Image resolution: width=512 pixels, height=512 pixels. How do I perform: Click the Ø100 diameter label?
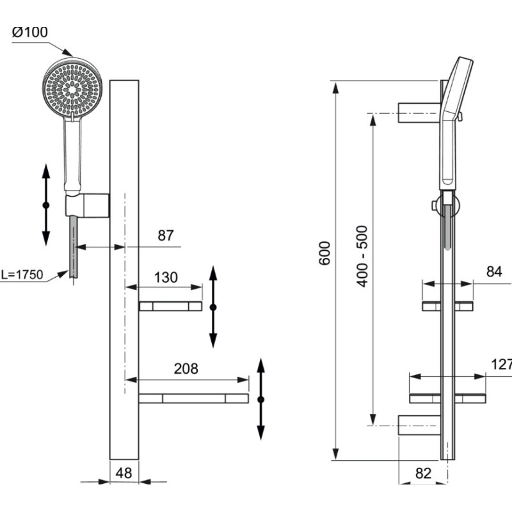pos(29,32)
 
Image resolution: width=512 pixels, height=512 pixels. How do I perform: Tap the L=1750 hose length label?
pos(22,275)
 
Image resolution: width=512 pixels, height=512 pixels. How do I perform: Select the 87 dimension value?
pos(166,236)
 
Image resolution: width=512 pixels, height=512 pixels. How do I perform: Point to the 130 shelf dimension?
pos(166,278)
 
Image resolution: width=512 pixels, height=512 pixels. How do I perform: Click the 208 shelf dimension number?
pos(186,369)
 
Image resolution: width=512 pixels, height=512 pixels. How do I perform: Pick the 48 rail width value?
pos(124,473)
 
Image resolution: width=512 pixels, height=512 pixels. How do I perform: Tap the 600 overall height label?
pos(325,253)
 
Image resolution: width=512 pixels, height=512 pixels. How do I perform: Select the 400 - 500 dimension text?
pos(362,257)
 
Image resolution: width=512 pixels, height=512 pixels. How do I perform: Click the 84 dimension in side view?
pos(493,271)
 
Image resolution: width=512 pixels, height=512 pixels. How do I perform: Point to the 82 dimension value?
pos(423,473)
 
